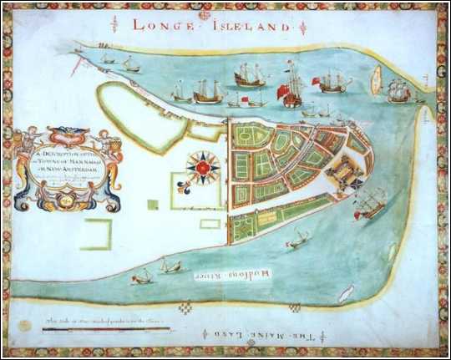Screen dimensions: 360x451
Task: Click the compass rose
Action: [203, 168]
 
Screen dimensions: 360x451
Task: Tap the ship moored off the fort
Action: [370, 203]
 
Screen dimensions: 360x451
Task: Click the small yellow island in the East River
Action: [376, 80]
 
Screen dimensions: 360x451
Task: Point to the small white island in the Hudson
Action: [344, 292]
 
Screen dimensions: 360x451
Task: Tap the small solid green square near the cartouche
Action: [152, 204]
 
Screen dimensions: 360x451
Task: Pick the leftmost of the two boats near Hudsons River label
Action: [143, 275]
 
